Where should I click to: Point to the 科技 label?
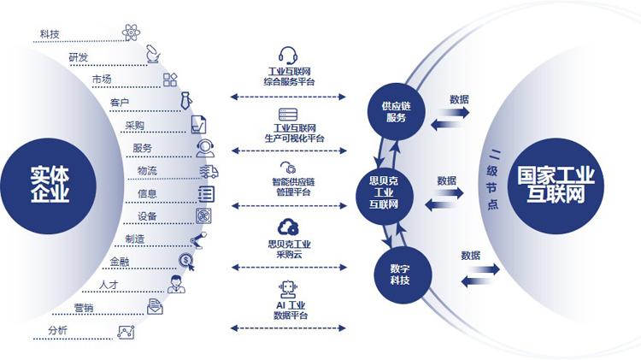[x=50, y=34]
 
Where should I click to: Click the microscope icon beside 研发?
[x=152, y=55]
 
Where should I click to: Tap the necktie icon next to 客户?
[x=183, y=101]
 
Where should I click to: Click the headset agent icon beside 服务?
[x=205, y=148]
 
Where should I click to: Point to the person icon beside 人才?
[x=176, y=284]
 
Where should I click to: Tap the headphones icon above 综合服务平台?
[x=287, y=53]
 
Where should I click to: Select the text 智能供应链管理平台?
[x=287, y=187]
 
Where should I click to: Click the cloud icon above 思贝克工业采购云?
[x=287, y=227]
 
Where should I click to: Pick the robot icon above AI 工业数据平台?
[x=287, y=288]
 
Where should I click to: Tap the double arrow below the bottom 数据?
[x=478, y=274]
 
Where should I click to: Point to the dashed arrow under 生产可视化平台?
[x=287, y=151]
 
